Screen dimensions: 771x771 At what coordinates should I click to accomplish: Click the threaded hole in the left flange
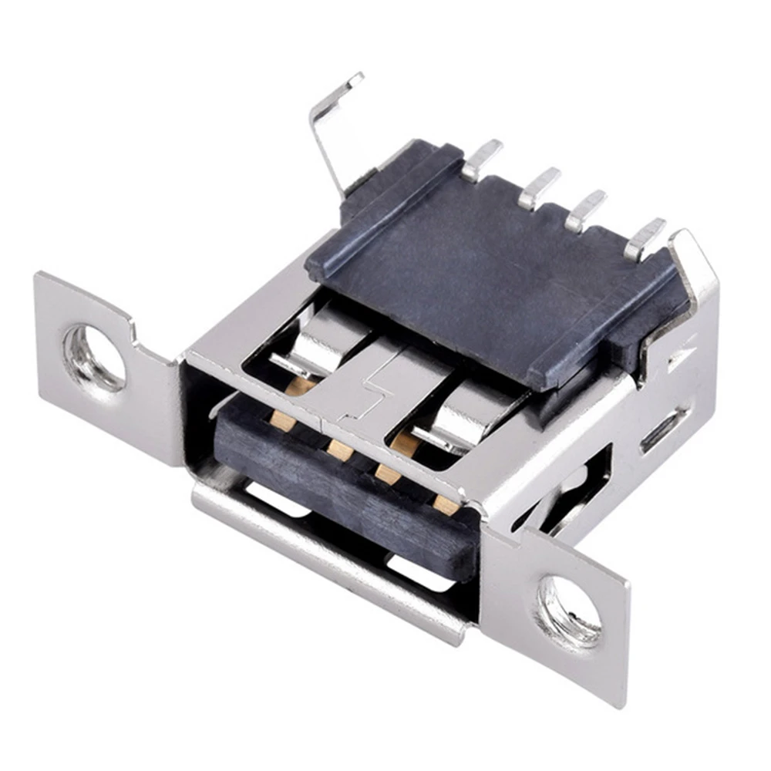[93, 357]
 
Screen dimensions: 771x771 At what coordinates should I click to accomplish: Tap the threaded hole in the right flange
[569, 611]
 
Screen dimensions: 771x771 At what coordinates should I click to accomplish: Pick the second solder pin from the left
[538, 187]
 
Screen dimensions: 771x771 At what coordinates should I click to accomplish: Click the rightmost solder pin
[644, 237]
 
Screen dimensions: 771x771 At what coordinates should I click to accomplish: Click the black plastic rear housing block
[486, 278]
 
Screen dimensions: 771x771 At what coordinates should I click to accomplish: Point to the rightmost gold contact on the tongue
[446, 505]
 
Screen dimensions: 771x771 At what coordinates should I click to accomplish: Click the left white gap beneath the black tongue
[274, 501]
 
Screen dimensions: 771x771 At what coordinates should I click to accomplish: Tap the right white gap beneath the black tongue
[420, 574]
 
